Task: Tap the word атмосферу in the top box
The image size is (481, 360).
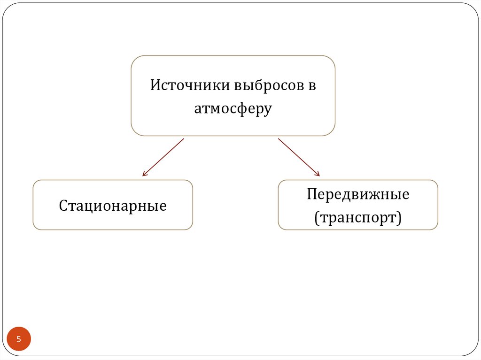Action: (233, 108)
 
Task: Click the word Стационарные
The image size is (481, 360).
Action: (113, 206)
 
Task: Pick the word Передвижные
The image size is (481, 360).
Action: (358, 194)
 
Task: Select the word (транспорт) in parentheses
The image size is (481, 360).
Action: (358, 217)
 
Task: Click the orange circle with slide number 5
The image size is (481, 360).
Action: (19, 339)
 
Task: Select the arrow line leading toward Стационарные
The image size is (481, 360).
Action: (163, 157)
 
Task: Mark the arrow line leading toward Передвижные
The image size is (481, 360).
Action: (299, 157)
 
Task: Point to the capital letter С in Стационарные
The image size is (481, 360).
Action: (63, 206)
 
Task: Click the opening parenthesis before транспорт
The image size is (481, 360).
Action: (317, 218)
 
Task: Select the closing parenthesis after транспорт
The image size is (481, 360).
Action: (399, 218)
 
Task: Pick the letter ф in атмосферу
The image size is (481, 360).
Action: (243, 109)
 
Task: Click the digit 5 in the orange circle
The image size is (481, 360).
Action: (19, 339)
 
